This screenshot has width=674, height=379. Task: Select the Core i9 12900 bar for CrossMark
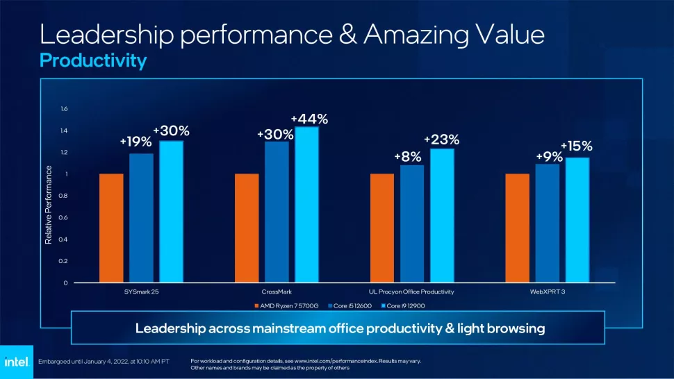pos(306,205)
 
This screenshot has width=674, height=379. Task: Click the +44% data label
pos(309,119)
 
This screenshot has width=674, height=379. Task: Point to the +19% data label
pos(135,142)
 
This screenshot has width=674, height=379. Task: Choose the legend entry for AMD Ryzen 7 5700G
pos(288,305)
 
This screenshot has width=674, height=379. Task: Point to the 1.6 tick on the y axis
pos(64,109)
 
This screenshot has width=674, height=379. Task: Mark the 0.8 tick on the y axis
pos(64,196)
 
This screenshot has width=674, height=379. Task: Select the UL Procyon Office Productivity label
pos(411,292)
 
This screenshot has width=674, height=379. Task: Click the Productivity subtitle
pos(93,61)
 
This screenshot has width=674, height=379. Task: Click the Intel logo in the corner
pos(15,362)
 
